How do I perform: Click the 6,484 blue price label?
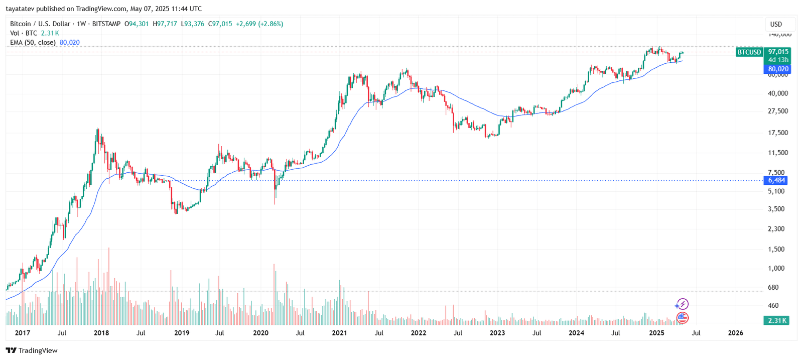pos(776,180)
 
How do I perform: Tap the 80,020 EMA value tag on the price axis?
pos(778,69)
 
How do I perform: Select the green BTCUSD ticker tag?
pos(749,52)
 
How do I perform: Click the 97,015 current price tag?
pos(778,52)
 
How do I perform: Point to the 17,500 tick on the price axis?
pos(778,133)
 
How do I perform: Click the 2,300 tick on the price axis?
pos(776,229)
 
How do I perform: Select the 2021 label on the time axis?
pos(339,333)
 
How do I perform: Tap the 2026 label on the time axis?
pos(735,333)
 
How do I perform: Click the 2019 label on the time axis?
pos(181,333)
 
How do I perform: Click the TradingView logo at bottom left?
pos(32,350)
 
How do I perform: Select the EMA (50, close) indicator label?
pos(33,43)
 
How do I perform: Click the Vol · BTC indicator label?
pos(24,33)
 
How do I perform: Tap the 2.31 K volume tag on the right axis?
pos(776,320)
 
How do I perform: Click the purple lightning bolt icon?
pos(682,304)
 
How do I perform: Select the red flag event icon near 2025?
pos(682,317)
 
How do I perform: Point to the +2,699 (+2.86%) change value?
pos(259,24)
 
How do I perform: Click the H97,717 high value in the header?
pos(165,24)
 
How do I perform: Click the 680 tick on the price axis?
pos(773,288)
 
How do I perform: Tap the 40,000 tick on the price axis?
pos(778,93)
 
